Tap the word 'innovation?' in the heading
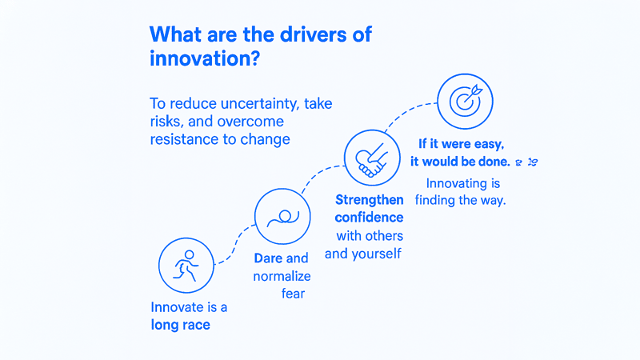tap(205, 58)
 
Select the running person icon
tap(186, 266)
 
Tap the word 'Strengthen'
tap(370, 200)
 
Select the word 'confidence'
tap(369, 218)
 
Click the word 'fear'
tap(293, 294)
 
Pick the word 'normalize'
tap(282, 276)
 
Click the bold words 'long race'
tap(181, 325)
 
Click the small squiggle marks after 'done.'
tap(527, 162)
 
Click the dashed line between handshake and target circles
tap(408, 112)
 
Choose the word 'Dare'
tap(268, 258)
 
